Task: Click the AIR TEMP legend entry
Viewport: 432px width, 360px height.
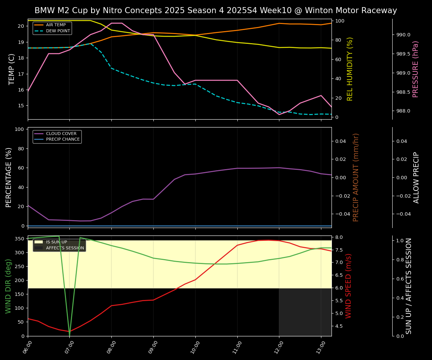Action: pos(55,25)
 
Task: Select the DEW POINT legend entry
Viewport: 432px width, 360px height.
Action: pos(58,31)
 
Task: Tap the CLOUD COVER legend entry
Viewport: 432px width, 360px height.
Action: pos(61,133)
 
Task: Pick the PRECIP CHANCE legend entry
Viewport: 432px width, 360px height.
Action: pos(63,139)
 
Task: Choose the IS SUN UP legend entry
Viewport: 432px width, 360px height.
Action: pos(56,242)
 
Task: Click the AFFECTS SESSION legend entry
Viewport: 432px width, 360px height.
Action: pos(65,248)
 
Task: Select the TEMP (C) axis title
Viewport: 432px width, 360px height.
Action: pos(12,69)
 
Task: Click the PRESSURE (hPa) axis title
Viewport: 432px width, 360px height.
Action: pos(415,69)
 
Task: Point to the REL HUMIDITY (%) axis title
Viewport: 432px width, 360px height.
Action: pos(350,69)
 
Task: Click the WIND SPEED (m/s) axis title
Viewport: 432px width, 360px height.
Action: pos(349,286)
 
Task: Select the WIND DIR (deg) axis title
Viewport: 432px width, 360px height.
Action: pos(8,286)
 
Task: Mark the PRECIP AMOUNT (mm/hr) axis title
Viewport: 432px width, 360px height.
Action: pos(356,177)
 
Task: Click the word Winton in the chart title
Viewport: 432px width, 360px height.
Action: pos(318,10)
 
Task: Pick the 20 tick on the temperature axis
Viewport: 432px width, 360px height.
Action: pos(21,26)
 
